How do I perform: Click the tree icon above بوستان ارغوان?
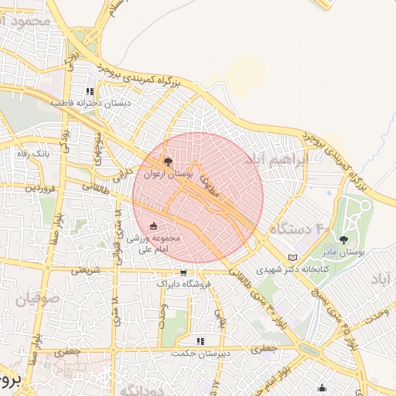tap(168, 162)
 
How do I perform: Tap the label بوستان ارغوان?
tap(167, 176)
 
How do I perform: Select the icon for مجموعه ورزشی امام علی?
tap(152, 226)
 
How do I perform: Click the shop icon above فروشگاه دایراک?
tap(183, 272)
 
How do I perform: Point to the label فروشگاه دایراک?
tap(183, 285)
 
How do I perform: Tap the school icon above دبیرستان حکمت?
tap(200, 340)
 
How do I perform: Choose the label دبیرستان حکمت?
tap(200, 353)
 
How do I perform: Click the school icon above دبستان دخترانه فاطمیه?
tap(90, 91)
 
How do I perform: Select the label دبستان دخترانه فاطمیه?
tap(91, 103)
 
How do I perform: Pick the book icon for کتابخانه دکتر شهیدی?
tap(292, 258)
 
